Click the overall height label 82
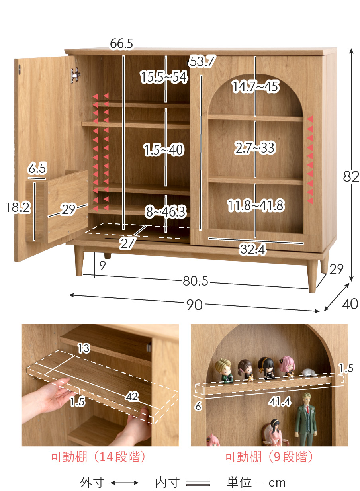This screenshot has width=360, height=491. [351, 176]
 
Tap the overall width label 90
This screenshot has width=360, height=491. [194, 305]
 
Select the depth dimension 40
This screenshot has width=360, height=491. [350, 304]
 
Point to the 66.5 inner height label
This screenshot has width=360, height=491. [121, 43]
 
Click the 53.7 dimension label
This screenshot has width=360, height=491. [202, 61]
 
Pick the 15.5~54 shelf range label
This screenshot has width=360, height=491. [164, 77]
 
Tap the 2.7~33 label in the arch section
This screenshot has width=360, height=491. [254, 147]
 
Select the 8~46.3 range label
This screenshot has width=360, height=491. [166, 212]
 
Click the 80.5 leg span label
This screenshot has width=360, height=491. [196, 281]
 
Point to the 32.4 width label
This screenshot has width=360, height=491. [253, 249]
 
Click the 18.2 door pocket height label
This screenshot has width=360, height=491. [18, 207]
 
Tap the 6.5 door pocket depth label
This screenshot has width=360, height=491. [37, 168]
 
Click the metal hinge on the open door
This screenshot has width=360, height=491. [75, 75]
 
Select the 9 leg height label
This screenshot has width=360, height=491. [102, 266]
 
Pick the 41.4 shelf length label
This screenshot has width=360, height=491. [280, 401]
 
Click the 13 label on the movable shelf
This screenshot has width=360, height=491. [84, 348]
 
